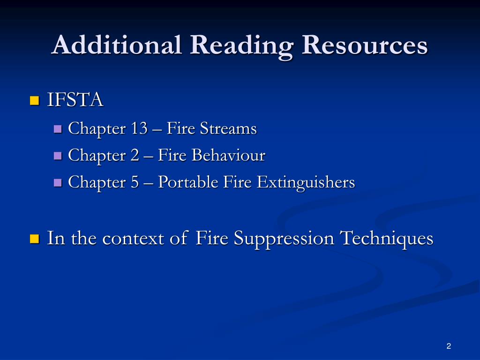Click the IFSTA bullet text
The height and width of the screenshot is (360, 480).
[x=75, y=100]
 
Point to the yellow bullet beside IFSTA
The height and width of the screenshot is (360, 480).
[x=33, y=101]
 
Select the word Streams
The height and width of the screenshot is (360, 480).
[x=229, y=128]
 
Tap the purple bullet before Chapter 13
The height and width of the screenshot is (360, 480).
[x=58, y=128]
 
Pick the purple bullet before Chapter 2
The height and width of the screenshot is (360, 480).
[x=58, y=156]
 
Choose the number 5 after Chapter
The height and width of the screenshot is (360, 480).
[x=135, y=182]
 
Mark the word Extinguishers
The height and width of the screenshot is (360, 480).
[x=306, y=182]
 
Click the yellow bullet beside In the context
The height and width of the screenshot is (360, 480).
[x=33, y=239]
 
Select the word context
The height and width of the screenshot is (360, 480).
[x=135, y=239]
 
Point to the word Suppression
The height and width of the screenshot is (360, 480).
[x=284, y=239]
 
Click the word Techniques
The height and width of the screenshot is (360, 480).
[x=386, y=239]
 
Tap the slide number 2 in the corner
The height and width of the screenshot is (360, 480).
[x=449, y=346]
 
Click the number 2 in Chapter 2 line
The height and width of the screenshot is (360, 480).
[x=135, y=155]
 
